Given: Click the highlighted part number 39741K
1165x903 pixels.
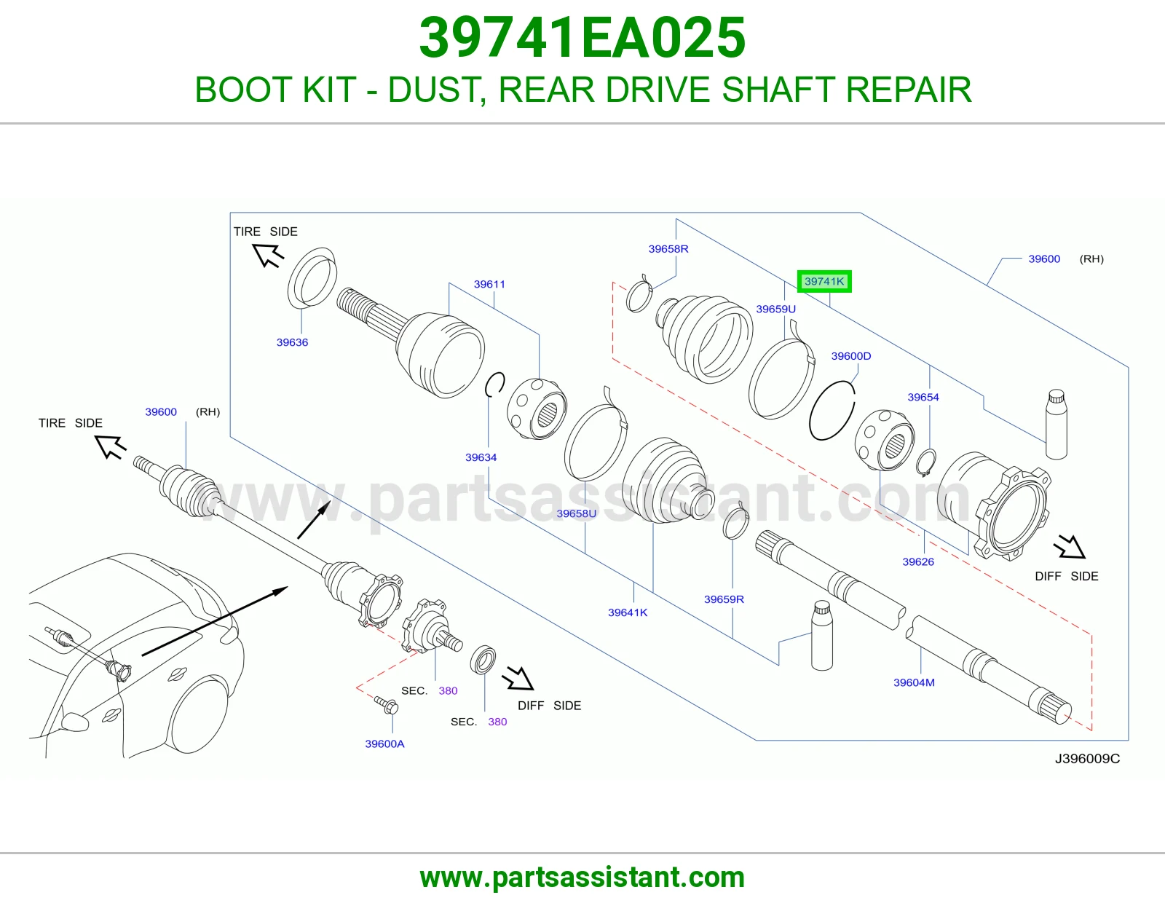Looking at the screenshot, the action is [824, 282].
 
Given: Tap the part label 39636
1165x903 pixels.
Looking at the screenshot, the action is [292, 342].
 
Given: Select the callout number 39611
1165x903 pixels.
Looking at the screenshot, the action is [489, 284].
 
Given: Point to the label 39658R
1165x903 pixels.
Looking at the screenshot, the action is [668, 249].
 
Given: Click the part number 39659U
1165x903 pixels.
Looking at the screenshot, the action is [775, 309].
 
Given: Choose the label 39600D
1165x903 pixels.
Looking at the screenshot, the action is [851, 356].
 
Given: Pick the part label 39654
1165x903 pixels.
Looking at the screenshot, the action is [923, 398].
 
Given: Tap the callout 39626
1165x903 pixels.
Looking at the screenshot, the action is [918, 562].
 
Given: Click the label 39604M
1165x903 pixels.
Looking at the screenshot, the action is [914, 682].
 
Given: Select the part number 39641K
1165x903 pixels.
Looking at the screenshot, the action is [628, 612].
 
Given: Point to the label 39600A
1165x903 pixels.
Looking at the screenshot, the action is [385, 744].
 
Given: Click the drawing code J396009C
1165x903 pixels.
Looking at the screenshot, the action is [1087, 759].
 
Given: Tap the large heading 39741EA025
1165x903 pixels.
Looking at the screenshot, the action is [582, 38].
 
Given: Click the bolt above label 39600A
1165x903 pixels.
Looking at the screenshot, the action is [386, 705].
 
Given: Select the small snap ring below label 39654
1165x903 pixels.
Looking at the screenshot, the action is [926, 462].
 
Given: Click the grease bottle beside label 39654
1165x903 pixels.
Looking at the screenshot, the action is [1057, 424].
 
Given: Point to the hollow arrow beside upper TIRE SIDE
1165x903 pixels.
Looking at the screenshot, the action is [268, 255].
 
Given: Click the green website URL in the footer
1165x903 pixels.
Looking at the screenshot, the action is [582, 878].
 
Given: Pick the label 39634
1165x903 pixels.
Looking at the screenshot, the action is [481, 457].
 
